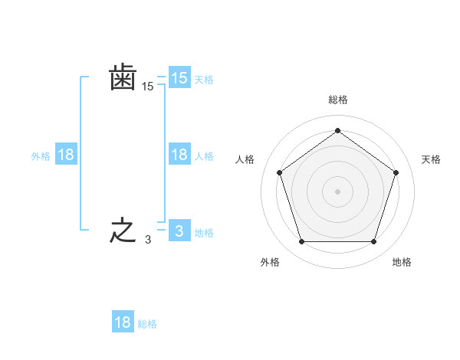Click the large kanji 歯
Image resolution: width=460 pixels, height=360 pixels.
pos(123,78)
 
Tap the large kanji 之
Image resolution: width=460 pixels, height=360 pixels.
pos(123,231)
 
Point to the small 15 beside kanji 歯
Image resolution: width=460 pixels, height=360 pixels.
pos(147,87)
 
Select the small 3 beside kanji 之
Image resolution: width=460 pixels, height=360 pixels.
pos(147,240)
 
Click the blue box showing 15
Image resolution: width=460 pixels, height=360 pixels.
pos(179,78)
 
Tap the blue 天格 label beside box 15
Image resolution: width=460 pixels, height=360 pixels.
pos(204,80)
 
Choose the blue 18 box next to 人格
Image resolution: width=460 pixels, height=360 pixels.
pos(179,155)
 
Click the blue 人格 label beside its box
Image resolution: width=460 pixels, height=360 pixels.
pos(204,156)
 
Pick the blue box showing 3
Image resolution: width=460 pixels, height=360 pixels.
pos(179,231)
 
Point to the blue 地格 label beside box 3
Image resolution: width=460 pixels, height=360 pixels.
pos(204,233)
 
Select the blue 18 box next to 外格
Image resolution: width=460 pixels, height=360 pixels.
pos(66,155)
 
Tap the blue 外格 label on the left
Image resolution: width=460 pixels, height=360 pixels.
pos(41,156)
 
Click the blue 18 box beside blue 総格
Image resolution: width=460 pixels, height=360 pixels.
pos(123,322)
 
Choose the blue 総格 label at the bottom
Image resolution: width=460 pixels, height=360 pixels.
pos(147,324)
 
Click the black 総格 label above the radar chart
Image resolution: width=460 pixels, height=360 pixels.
pos(337,100)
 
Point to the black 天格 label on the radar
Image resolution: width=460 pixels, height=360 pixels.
pos(431,159)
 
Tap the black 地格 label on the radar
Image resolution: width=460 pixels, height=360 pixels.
pos(402,262)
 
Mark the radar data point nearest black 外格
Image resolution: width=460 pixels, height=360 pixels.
pos(301,242)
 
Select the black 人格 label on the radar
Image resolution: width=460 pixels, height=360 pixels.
pos(245,159)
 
